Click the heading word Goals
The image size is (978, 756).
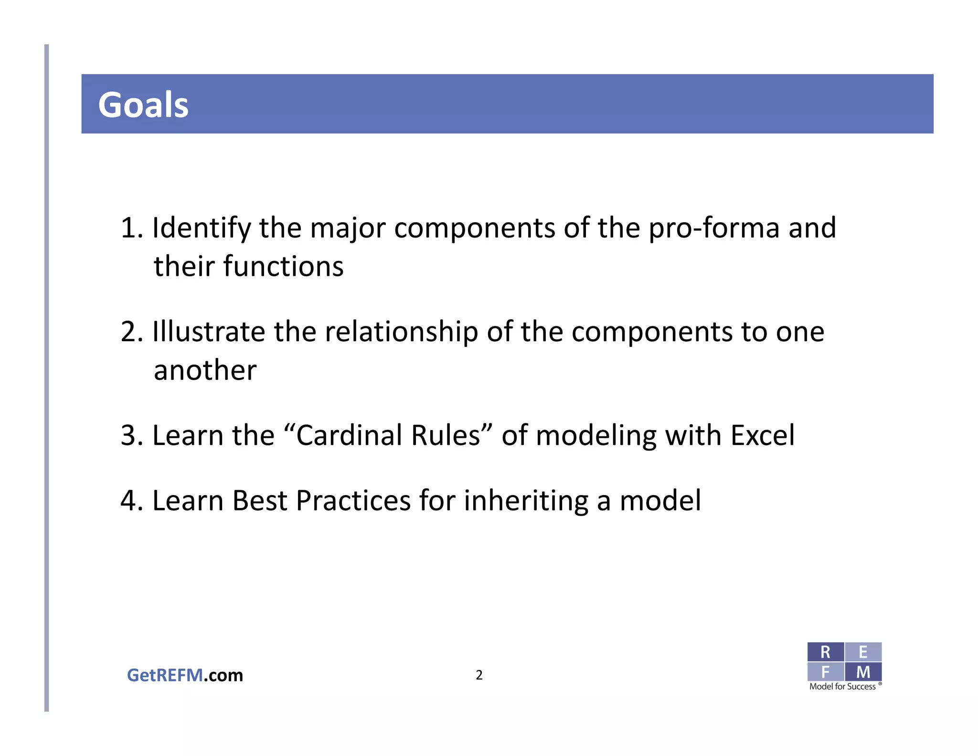[x=143, y=105]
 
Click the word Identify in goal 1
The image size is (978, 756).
[x=201, y=228]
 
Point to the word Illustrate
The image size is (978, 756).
[x=208, y=332]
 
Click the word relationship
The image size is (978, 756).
[x=401, y=332]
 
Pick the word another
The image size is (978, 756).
[x=205, y=370]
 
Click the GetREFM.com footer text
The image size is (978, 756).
[x=185, y=675]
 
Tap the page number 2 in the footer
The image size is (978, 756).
[x=479, y=675]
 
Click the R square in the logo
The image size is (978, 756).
[x=825, y=652]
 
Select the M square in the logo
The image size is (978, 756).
[x=863, y=672]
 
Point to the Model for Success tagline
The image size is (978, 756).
[x=842, y=687]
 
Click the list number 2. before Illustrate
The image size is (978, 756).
[x=131, y=332]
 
